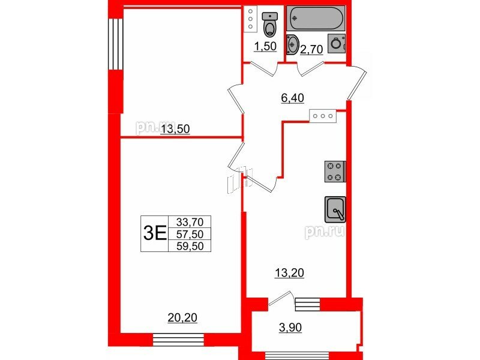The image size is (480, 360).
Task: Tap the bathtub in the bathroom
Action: click(316, 18)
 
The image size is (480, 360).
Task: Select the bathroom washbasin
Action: click(292, 44)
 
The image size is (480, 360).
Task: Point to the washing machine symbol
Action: click(337, 43)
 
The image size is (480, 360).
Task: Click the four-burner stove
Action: click(335, 172)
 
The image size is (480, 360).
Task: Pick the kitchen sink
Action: click(335, 209)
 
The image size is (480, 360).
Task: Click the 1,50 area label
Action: click(265, 47)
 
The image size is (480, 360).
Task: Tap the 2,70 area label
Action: click(311, 49)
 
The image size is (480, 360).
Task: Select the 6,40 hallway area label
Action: click(292, 98)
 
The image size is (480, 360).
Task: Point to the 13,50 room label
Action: click(175, 129)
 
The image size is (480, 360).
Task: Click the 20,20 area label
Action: click(182, 318)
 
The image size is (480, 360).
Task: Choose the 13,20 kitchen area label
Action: click(289, 273)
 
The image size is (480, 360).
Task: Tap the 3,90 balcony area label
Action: click(290, 328)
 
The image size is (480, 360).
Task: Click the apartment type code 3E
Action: click(155, 234)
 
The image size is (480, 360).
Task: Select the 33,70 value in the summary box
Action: click(190, 221)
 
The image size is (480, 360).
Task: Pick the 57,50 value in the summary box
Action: click(190, 234)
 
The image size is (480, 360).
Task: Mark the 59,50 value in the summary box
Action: click(190, 246)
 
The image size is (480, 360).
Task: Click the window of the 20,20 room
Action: click(178, 340)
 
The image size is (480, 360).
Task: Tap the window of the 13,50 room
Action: click(115, 44)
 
